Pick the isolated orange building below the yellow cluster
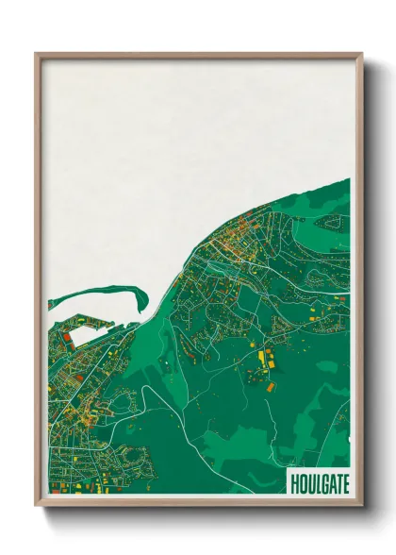[x=269, y=386]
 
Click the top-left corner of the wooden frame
[x=37, y=55]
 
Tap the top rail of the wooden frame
[x=198, y=55]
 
